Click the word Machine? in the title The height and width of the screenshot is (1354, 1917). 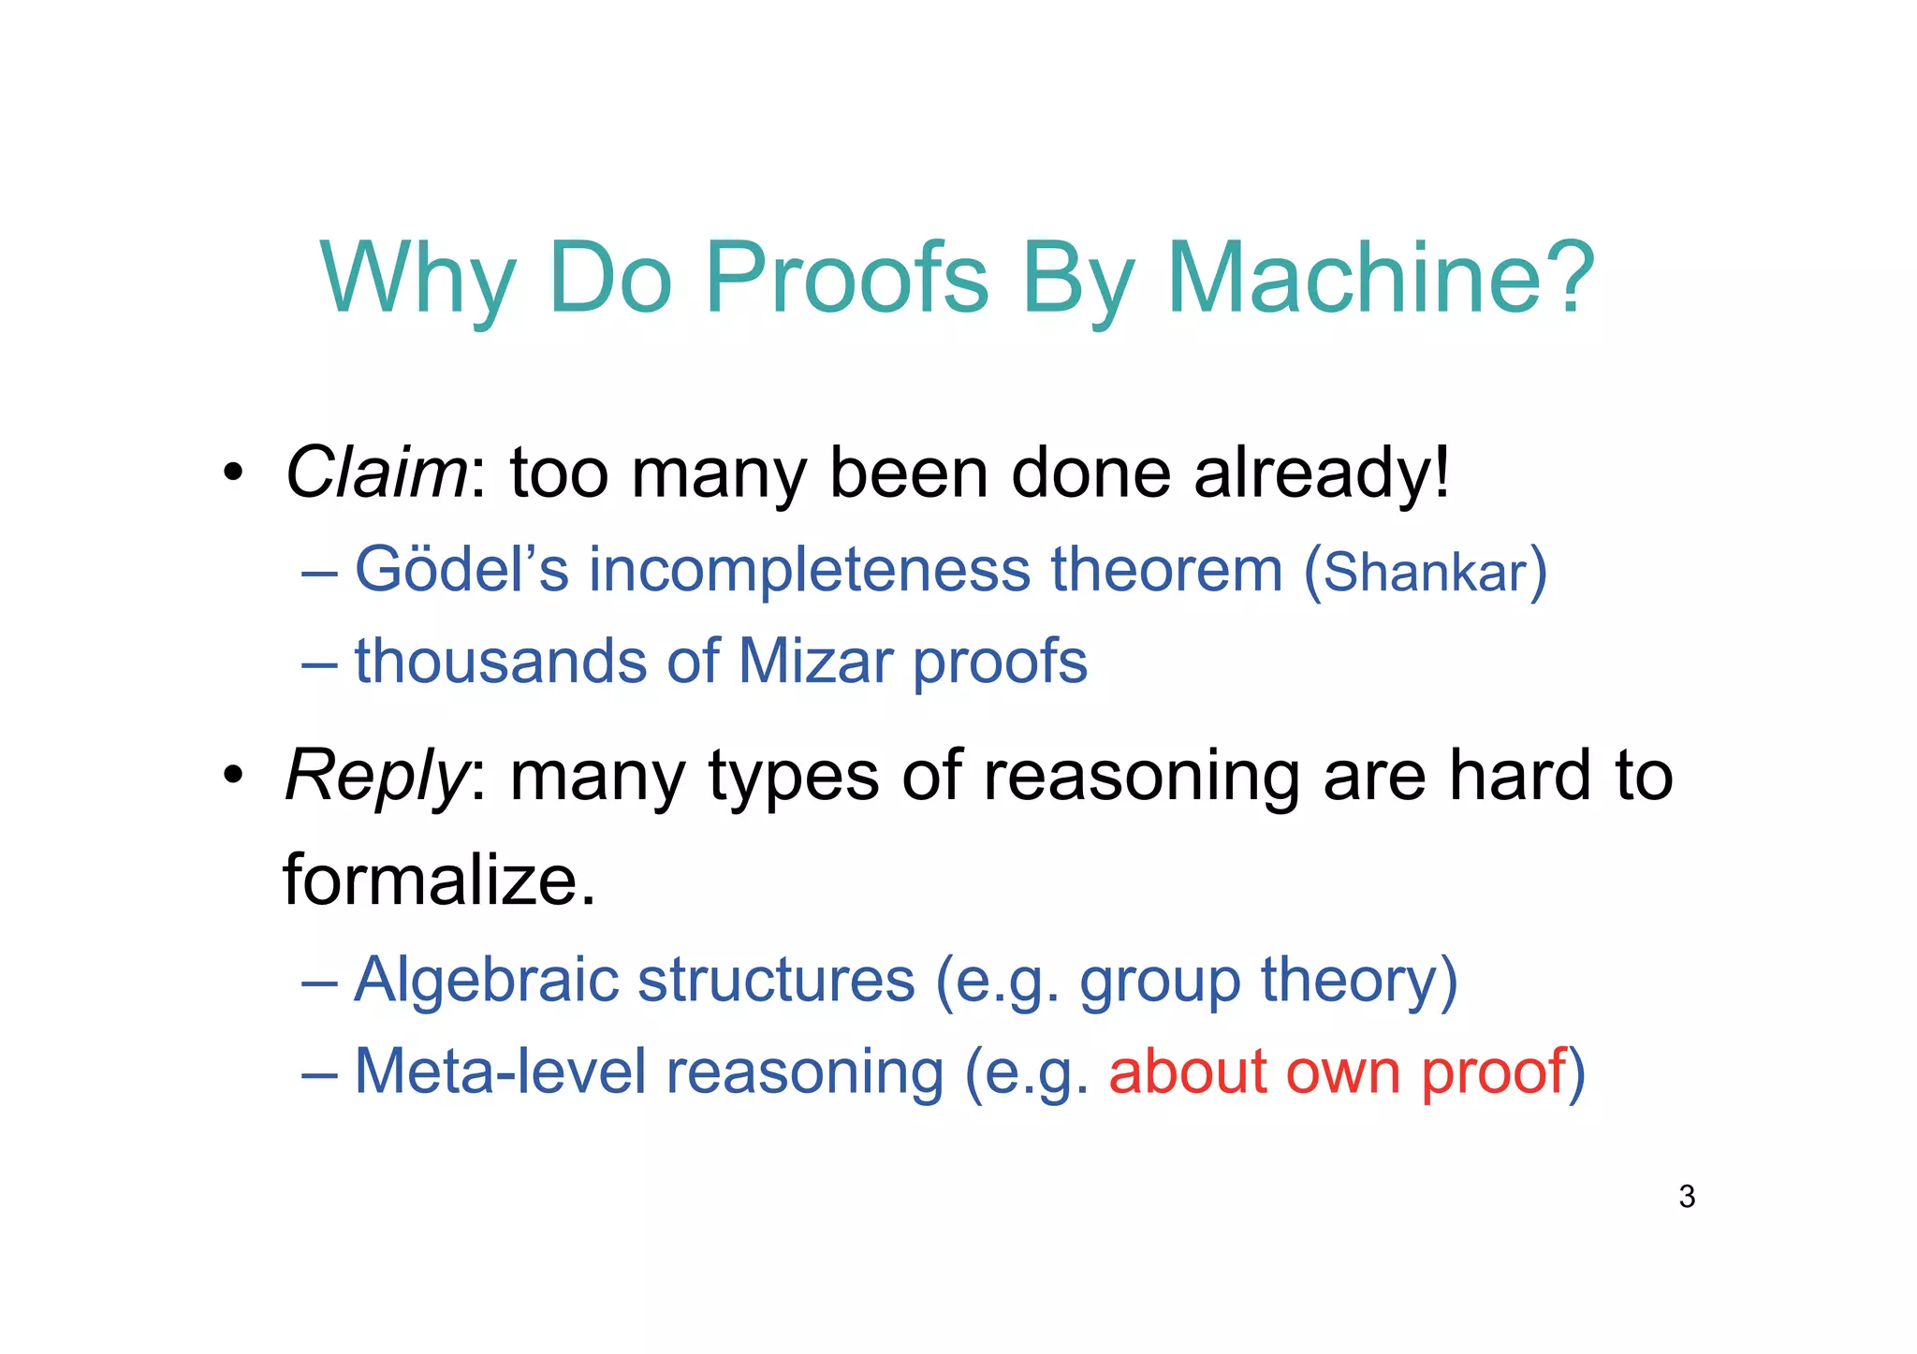(1380, 278)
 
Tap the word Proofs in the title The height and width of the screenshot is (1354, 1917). (846, 278)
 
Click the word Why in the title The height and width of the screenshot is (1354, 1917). (417, 278)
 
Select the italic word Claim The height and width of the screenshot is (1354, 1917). (375, 473)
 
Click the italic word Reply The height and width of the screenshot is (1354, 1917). (375, 777)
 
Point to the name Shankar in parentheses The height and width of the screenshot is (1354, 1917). (1425, 573)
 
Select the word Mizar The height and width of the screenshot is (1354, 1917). (815, 662)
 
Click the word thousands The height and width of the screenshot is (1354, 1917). (500, 662)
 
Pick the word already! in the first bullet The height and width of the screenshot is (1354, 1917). (1322, 473)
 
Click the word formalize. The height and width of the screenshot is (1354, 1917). (438, 881)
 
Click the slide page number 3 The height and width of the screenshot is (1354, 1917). (1687, 1197)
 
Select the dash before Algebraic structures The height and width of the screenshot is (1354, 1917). (319, 983)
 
